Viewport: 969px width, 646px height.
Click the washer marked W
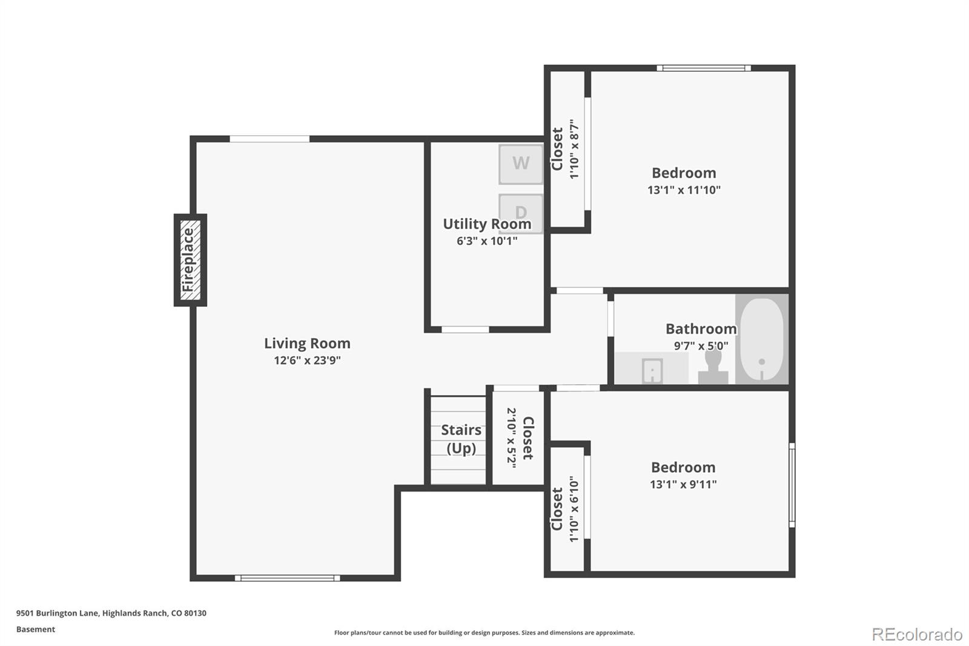(x=520, y=164)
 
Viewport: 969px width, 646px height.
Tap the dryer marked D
(x=520, y=212)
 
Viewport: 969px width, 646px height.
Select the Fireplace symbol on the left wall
(x=190, y=259)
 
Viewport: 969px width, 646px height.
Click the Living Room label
(x=307, y=343)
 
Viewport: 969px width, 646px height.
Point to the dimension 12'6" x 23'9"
(x=307, y=361)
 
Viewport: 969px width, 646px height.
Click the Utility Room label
(x=487, y=224)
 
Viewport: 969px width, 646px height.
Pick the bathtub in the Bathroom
(x=761, y=339)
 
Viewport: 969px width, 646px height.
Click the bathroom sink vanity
(x=652, y=369)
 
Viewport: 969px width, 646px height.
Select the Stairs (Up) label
(x=461, y=439)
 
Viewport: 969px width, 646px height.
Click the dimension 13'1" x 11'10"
(x=684, y=190)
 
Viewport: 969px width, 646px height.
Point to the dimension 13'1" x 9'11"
(x=683, y=484)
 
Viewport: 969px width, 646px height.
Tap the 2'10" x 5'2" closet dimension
(x=511, y=438)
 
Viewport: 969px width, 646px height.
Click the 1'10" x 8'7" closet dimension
(x=574, y=149)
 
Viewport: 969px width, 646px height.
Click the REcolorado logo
(x=917, y=634)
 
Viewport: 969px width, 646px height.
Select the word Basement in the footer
(x=36, y=630)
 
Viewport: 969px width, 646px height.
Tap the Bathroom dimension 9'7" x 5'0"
(x=701, y=346)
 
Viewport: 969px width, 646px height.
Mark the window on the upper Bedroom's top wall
(x=704, y=68)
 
